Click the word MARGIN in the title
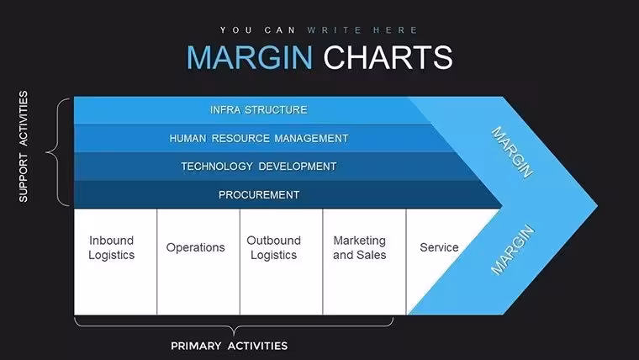(250, 57)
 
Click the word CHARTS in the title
(388, 57)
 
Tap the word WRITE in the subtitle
(335, 30)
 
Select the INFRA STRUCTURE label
(259, 110)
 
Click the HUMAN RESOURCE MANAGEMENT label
(259, 139)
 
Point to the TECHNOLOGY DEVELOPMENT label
(259, 167)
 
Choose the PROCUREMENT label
(259, 195)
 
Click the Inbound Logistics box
(115, 262)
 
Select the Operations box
(198, 262)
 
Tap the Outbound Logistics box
(281, 262)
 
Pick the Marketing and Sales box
(364, 262)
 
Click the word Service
(439, 247)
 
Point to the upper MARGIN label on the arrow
(512, 152)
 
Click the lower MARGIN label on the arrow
(512, 250)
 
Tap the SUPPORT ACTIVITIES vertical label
(24, 146)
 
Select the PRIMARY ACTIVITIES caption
(229, 347)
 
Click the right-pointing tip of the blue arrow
(597, 206)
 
